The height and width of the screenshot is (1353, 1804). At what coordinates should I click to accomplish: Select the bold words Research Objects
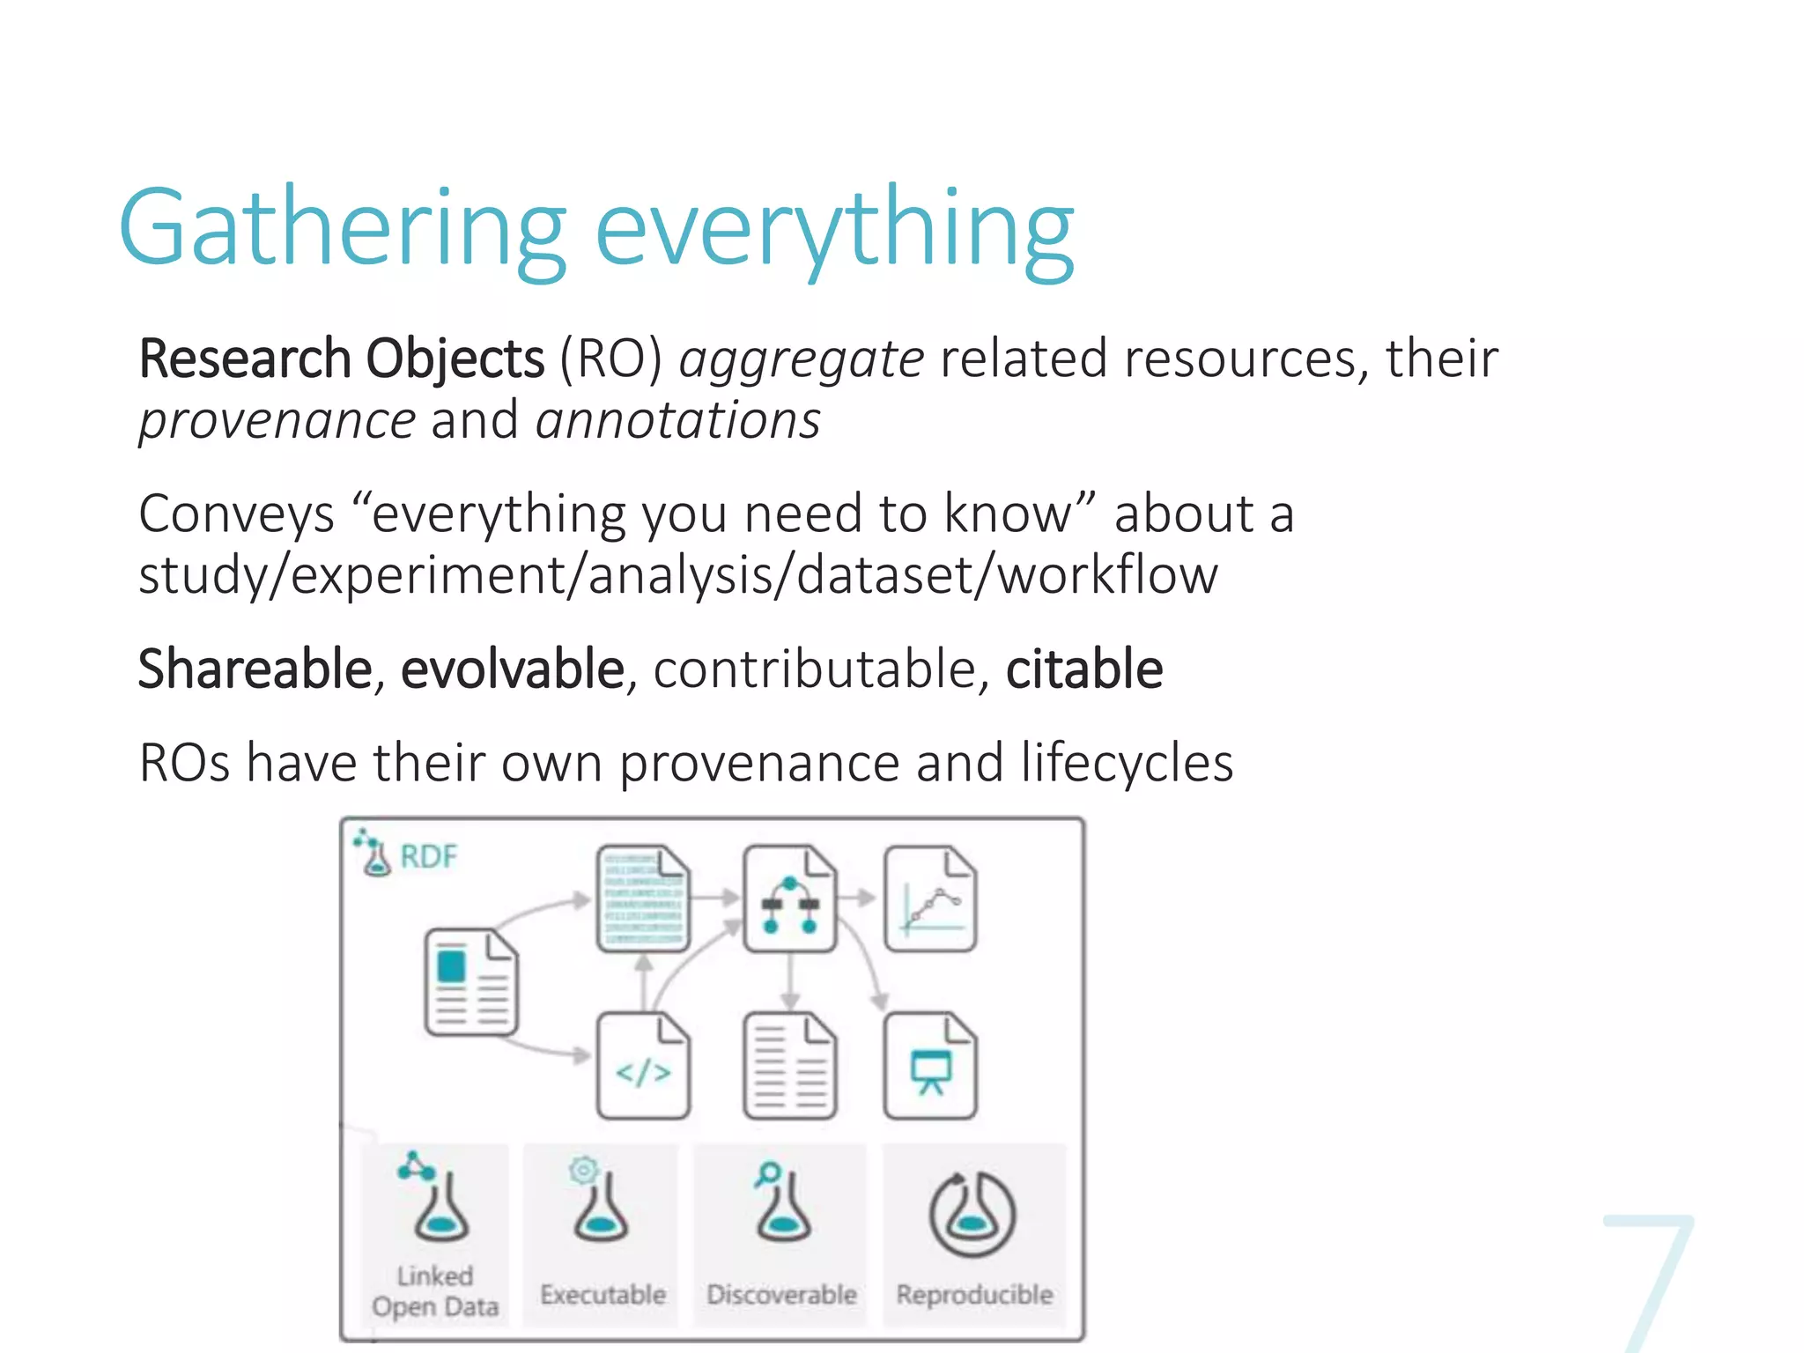click(342, 359)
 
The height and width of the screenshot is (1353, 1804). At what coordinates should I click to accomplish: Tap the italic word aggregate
click(801, 359)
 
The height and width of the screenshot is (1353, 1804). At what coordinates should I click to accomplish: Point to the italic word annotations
click(678, 420)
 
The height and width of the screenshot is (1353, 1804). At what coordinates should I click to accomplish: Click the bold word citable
click(1083, 669)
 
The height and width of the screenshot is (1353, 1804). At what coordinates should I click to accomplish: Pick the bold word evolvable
click(513, 669)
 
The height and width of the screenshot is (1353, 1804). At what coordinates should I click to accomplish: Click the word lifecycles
click(1127, 762)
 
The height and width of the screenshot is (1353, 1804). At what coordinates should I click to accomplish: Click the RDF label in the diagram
click(428, 856)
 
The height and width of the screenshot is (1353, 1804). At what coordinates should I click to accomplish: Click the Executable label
click(603, 1294)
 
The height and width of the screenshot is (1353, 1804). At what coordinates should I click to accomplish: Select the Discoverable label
click(781, 1294)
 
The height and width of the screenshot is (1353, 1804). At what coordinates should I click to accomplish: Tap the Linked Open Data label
click(435, 1291)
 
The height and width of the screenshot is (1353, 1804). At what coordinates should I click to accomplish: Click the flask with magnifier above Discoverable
click(780, 1203)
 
